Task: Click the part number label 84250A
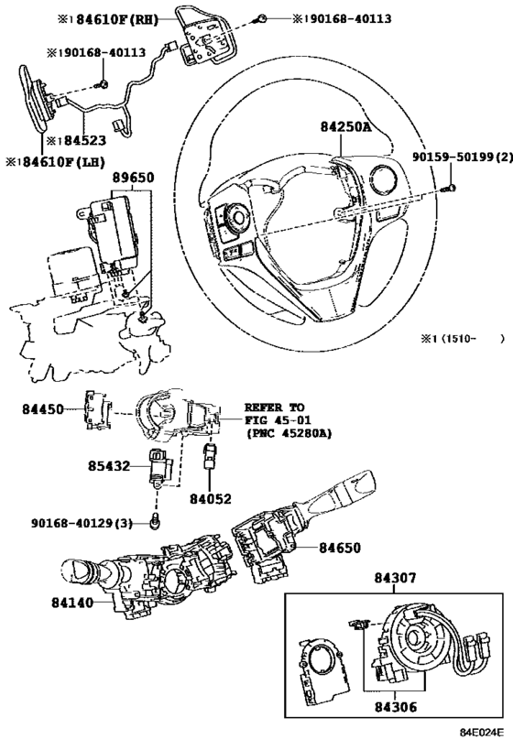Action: (x=345, y=126)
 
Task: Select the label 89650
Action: (x=134, y=178)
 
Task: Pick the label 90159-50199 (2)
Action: (x=463, y=157)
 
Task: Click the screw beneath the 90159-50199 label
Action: (x=451, y=189)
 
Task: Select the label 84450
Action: (x=42, y=409)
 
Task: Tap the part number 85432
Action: (x=109, y=465)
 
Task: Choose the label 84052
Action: (x=211, y=499)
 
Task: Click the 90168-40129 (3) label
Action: (x=82, y=523)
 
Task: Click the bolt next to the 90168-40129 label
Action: (x=155, y=522)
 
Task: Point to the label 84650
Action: (x=340, y=548)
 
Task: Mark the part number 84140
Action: (x=72, y=603)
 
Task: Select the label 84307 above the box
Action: (x=395, y=578)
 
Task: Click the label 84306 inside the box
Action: (x=396, y=707)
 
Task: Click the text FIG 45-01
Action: (x=278, y=420)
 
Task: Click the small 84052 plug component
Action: (x=209, y=457)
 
